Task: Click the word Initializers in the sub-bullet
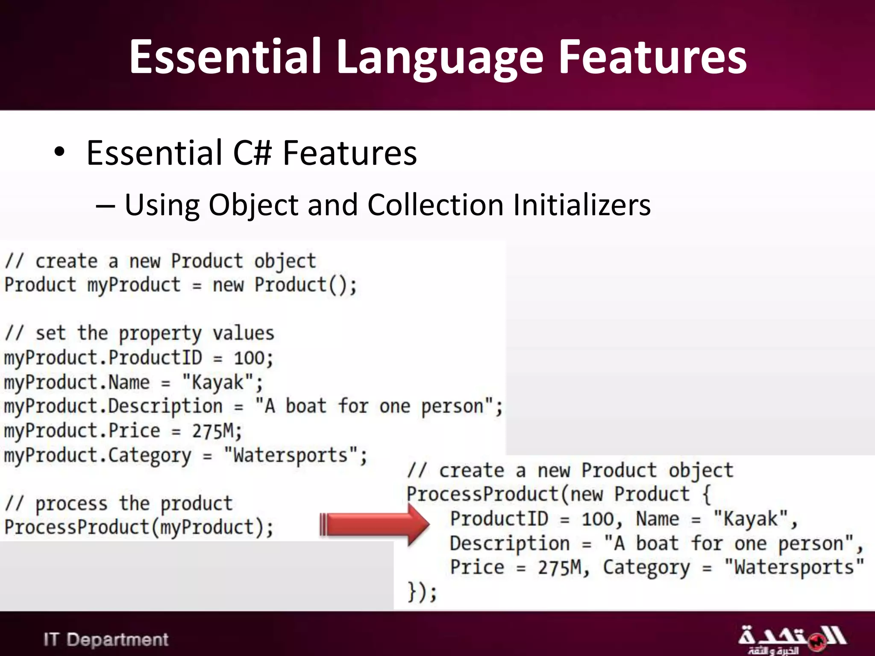[581, 205]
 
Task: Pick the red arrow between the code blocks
[375, 525]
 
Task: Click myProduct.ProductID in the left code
[103, 357]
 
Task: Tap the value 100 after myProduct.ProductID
[250, 358]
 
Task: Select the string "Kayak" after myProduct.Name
[218, 382]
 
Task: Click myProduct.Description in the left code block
[113, 406]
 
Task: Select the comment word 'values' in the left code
[243, 333]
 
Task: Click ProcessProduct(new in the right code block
[504, 494]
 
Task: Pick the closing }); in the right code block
[422, 592]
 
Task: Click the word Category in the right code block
[646, 568]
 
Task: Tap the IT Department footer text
[106, 639]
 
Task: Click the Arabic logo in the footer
[791, 639]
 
